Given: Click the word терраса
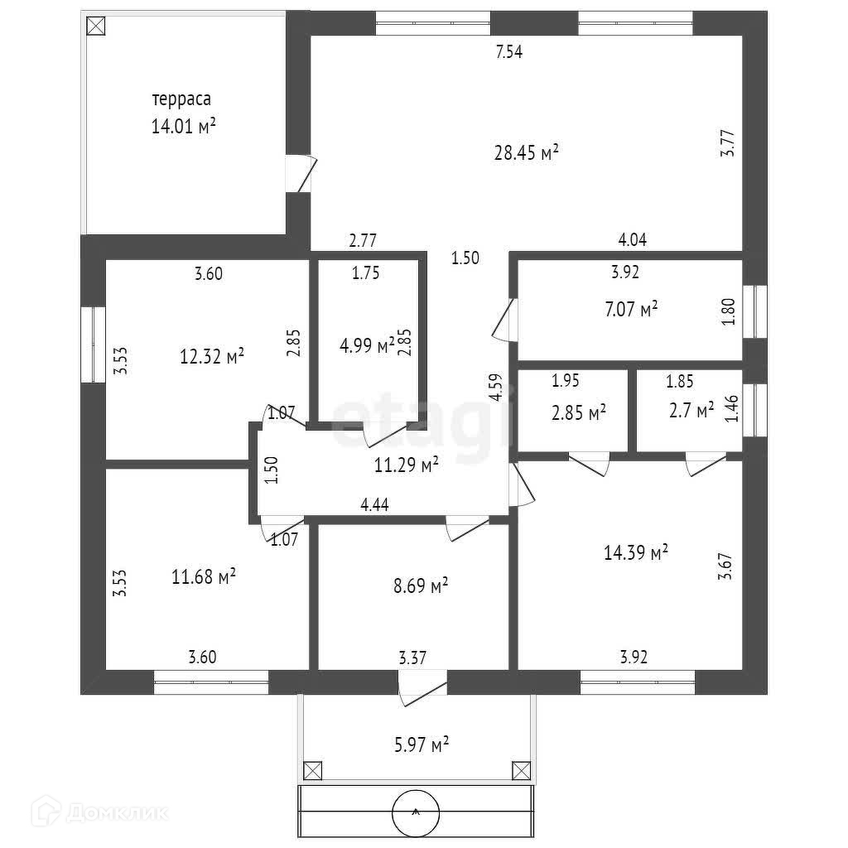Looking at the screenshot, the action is pyautogui.click(x=181, y=99).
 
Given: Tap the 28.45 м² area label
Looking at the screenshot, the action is pyautogui.click(x=526, y=152).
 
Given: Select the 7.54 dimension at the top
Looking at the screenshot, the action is pyautogui.click(x=509, y=52).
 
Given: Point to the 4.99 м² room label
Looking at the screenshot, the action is pyautogui.click(x=367, y=345).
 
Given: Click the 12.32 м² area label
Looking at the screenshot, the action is pyautogui.click(x=211, y=356).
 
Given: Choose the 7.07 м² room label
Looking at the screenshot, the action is pyautogui.click(x=631, y=310).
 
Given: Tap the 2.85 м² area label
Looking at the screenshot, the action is pyautogui.click(x=579, y=413).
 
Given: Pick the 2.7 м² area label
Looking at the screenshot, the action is pyautogui.click(x=691, y=410).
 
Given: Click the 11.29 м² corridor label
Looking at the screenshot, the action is pyautogui.click(x=406, y=465).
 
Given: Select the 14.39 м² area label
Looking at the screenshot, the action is pyautogui.click(x=635, y=552).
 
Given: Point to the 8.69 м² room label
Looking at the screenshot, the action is pyautogui.click(x=421, y=585).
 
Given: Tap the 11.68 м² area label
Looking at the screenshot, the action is pyautogui.click(x=204, y=576).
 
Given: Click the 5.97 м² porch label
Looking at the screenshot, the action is pyautogui.click(x=422, y=744).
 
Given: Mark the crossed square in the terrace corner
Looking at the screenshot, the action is pyautogui.click(x=96, y=26).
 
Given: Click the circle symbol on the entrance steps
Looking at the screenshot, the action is pyautogui.click(x=416, y=812).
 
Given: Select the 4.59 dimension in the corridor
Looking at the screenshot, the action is pyautogui.click(x=495, y=388).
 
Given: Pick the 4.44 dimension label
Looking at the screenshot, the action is pyautogui.click(x=375, y=504).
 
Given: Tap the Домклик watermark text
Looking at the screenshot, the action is pyautogui.click(x=118, y=813).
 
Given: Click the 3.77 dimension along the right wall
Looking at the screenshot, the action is pyautogui.click(x=727, y=143).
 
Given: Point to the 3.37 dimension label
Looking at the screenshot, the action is pyautogui.click(x=412, y=658).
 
